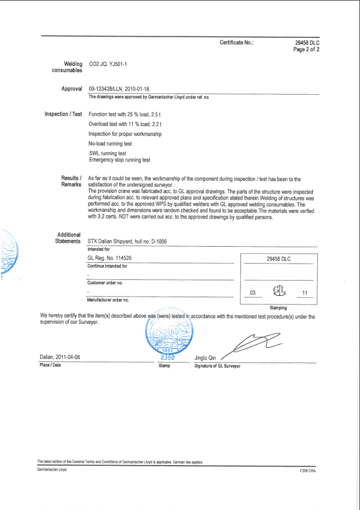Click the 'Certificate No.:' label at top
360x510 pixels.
pyautogui.click(x=236, y=43)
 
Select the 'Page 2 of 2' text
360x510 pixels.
pyautogui.click(x=306, y=49)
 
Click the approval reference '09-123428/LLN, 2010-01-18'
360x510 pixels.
pyautogui.click(x=119, y=89)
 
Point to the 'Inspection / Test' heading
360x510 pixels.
pyautogui.click(x=63, y=114)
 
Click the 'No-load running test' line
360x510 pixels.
pyautogui.click(x=110, y=144)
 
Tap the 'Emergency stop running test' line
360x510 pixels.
pyautogui.click(x=120, y=160)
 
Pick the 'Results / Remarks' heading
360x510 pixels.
pyautogui.click(x=71, y=181)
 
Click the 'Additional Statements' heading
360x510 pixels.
pyautogui.click(x=68, y=238)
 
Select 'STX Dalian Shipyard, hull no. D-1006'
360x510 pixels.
pyautogui.click(x=127, y=242)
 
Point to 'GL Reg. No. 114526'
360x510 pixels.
pyautogui.click(x=110, y=258)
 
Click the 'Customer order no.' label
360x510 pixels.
pyautogui.click(x=105, y=283)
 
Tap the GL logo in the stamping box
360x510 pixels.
pyautogui.click(x=279, y=291)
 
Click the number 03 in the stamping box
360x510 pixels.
pyautogui.click(x=253, y=293)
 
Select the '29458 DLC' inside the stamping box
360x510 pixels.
pyautogui.click(x=278, y=259)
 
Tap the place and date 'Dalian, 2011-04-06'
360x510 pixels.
pyautogui.click(x=60, y=358)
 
